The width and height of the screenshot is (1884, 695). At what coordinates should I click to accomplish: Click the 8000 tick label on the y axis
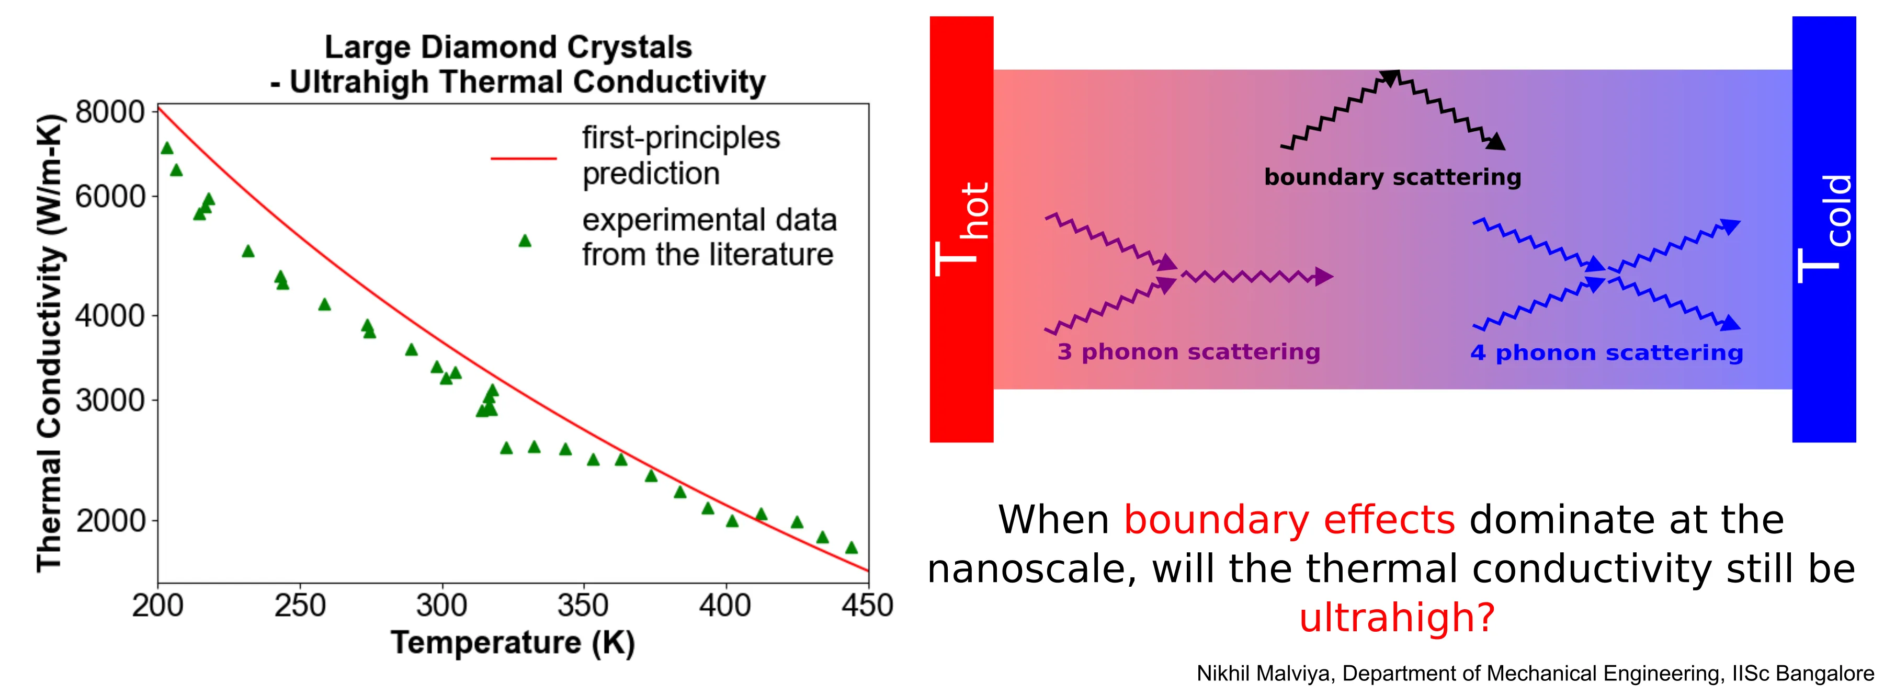110,112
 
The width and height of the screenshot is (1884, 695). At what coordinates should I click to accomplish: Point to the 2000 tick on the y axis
110,521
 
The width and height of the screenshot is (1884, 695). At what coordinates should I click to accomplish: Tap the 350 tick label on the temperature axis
583,606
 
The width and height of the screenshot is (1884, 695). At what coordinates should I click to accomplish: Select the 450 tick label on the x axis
867,606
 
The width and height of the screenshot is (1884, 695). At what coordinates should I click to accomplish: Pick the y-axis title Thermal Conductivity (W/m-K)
50,343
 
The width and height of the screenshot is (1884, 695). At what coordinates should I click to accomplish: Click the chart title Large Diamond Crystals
508,48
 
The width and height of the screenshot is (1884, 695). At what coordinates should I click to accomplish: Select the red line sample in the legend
524,157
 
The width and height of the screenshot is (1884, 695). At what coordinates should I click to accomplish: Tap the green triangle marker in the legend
525,241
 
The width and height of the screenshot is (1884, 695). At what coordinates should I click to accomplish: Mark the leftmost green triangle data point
167,149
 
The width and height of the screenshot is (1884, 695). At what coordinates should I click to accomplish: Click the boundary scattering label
1392,177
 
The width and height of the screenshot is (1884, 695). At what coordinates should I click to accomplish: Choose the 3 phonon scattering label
1188,352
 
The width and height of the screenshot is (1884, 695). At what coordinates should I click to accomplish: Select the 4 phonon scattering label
1607,352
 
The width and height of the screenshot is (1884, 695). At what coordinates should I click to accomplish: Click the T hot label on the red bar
963,229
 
